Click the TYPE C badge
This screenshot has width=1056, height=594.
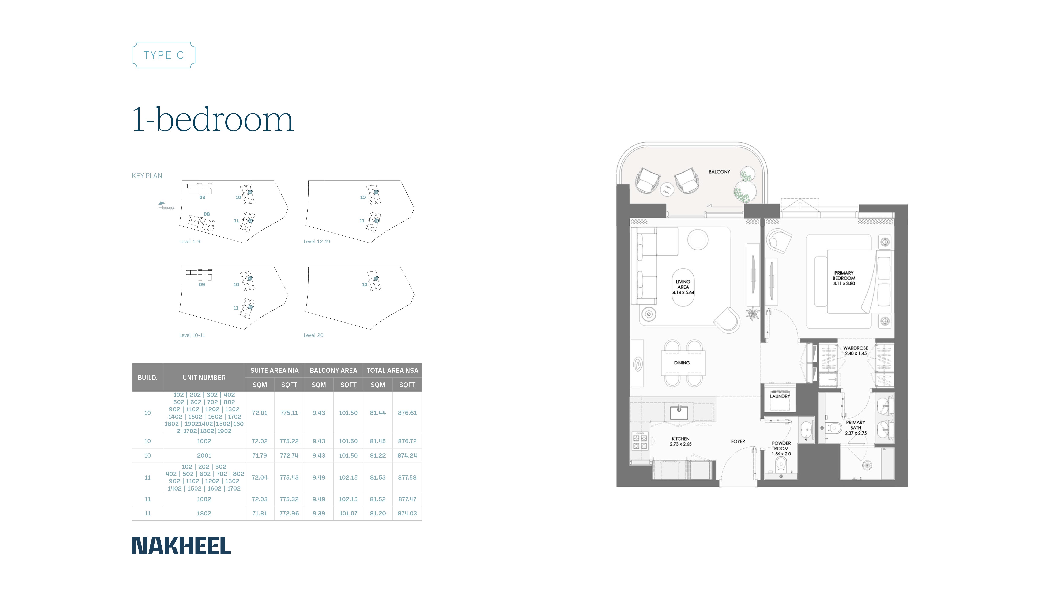[163, 55]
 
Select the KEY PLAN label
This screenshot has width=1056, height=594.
[147, 176]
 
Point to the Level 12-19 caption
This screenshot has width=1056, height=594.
[316, 241]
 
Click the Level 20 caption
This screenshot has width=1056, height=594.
[313, 335]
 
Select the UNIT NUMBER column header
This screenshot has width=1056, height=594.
[204, 378]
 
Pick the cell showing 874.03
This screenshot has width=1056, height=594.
[407, 513]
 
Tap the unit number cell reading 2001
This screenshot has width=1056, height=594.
[204, 455]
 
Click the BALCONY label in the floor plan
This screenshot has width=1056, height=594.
[719, 172]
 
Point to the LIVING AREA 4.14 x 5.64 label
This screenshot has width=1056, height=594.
[683, 287]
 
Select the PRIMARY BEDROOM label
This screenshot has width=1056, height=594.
[844, 278]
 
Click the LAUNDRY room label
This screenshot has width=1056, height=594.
[780, 396]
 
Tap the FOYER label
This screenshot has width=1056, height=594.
[738, 442]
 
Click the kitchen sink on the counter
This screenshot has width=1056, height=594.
[679, 412]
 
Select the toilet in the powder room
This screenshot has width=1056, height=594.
[781, 465]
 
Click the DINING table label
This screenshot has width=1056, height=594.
[682, 363]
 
